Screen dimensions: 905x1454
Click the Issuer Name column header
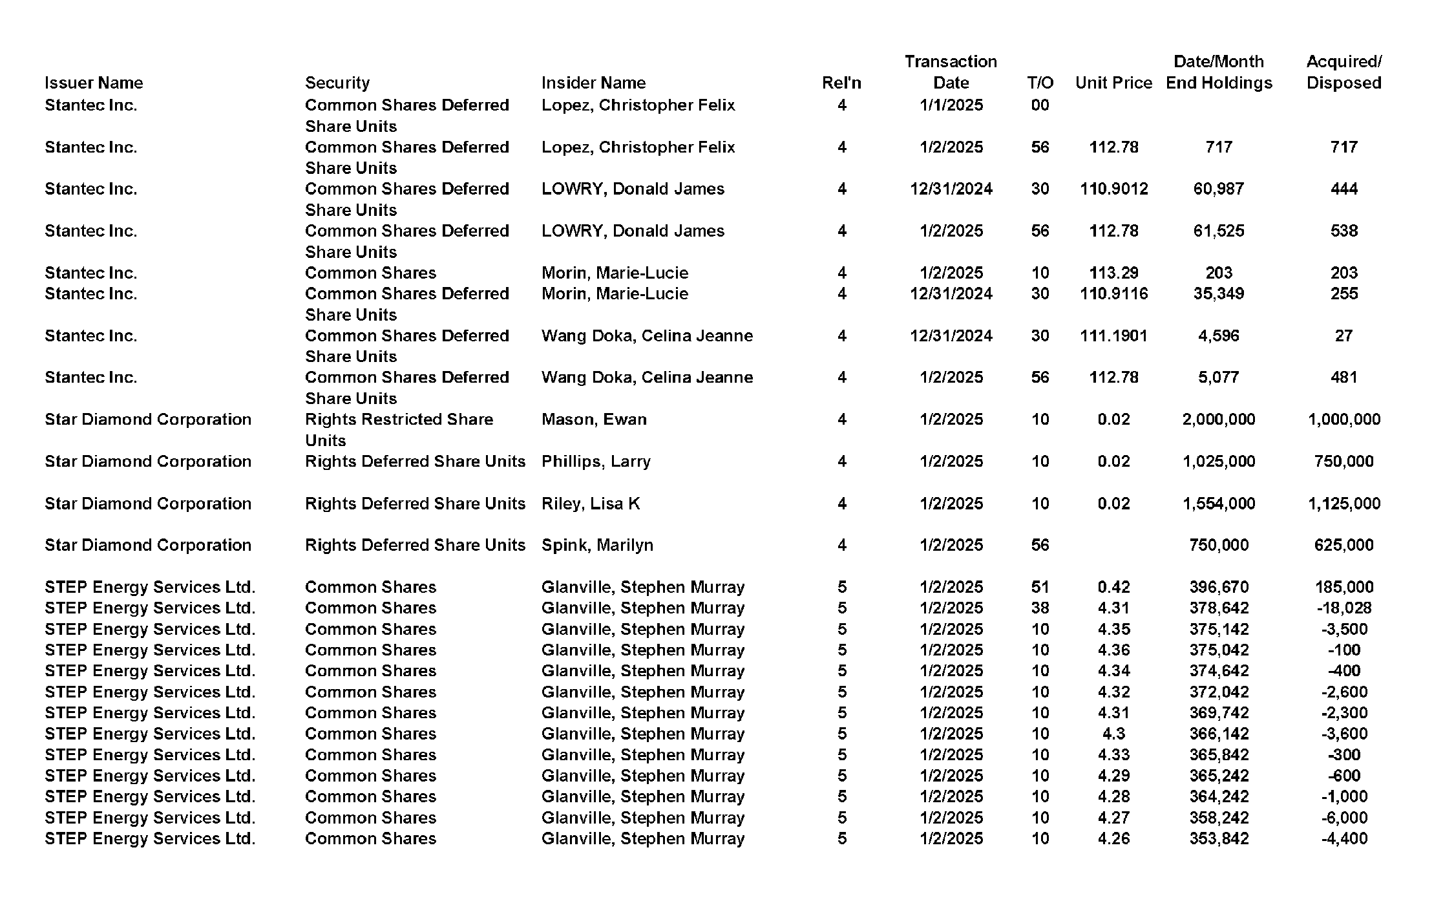[x=94, y=83]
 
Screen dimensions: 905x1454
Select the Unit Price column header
[x=1113, y=83]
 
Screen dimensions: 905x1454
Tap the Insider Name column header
[x=593, y=83]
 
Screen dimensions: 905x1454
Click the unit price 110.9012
[x=1113, y=189]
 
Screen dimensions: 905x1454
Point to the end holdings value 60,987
[x=1218, y=189]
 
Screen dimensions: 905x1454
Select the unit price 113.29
[x=1113, y=273]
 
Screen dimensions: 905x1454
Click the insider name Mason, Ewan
[x=593, y=420]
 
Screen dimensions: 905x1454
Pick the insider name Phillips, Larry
[x=596, y=462]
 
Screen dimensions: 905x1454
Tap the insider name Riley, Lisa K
[x=590, y=504]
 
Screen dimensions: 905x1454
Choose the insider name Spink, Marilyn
[x=597, y=546]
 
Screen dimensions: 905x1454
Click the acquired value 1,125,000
[x=1343, y=504]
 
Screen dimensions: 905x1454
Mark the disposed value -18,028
[x=1343, y=608]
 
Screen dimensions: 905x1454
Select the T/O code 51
[x=1040, y=587]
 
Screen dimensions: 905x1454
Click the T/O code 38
[x=1040, y=608]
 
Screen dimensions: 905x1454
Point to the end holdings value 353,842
[x=1218, y=838]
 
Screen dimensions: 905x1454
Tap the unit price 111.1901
[x=1113, y=335]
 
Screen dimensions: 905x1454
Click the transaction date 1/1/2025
[x=951, y=105]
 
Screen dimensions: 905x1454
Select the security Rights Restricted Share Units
[x=399, y=429]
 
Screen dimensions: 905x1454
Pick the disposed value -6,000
[x=1343, y=818]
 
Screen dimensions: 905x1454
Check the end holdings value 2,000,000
[x=1218, y=420]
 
